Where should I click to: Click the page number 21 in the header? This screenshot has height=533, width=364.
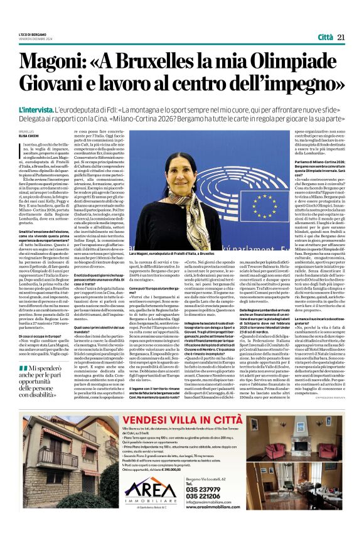[x=342, y=37]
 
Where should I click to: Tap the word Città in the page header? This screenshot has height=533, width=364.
[x=324, y=37]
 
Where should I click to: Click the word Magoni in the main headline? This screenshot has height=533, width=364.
[x=53, y=61]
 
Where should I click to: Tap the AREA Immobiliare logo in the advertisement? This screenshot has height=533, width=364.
[x=147, y=503]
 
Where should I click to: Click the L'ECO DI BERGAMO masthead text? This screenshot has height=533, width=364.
[x=31, y=34]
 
